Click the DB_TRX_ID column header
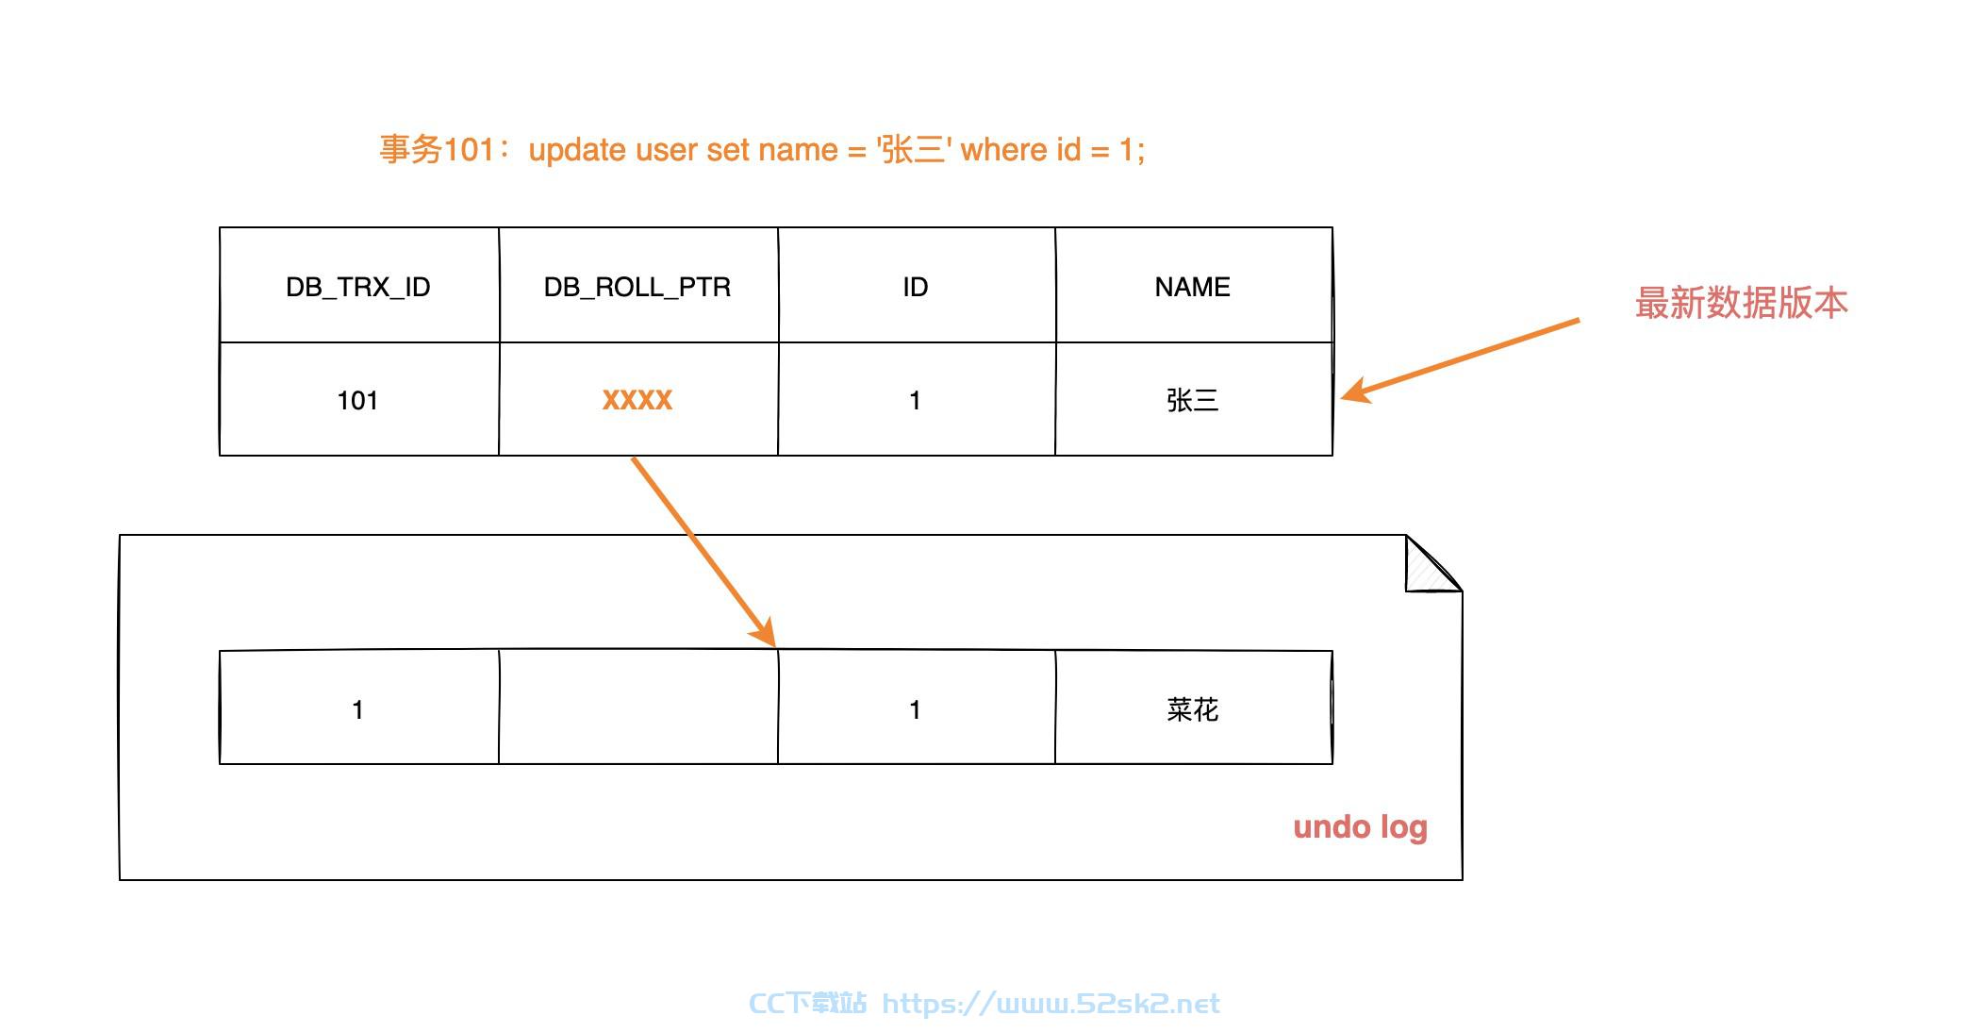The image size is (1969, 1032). (358, 286)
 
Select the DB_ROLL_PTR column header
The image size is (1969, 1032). (637, 286)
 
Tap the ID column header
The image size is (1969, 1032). (916, 286)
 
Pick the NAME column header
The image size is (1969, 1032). (1193, 286)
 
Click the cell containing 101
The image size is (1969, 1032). (358, 400)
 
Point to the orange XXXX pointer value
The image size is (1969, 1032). (637, 400)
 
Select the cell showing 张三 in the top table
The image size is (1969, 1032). (1193, 400)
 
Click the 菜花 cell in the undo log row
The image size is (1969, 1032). (1193, 708)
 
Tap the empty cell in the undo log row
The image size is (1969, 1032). (638, 707)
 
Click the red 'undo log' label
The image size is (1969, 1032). (1360, 827)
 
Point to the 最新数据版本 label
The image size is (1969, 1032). (1741, 303)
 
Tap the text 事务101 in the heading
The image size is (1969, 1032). (437, 149)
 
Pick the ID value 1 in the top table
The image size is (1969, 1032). (916, 400)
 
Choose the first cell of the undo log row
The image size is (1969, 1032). (358, 708)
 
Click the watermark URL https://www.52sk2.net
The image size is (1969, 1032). (1051, 1003)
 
